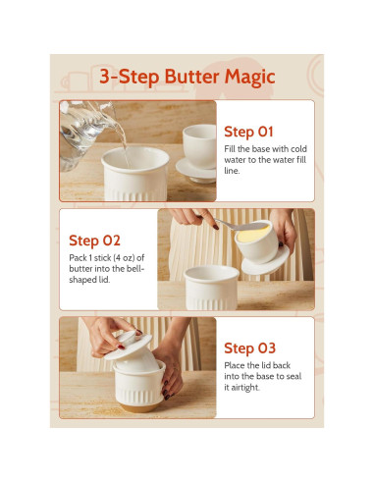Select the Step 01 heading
pyautogui.click(x=248, y=132)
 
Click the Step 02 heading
pyautogui.click(x=94, y=241)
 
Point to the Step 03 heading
pyautogui.click(x=249, y=349)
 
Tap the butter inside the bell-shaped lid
pyautogui.click(x=253, y=234)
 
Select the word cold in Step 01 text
pyautogui.click(x=298, y=149)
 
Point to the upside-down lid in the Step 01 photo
pyautogui.click(x=197, y=154)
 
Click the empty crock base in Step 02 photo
pyautogui.click(x=211, y=287)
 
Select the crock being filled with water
pyautogui.click(x=135, y=174)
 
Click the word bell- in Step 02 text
pyautogui.click(x=137, y=269)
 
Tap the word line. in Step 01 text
pyautogui.click(x=232, y=171)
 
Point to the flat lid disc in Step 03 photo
pyautogui.click(x=129, y=348)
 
